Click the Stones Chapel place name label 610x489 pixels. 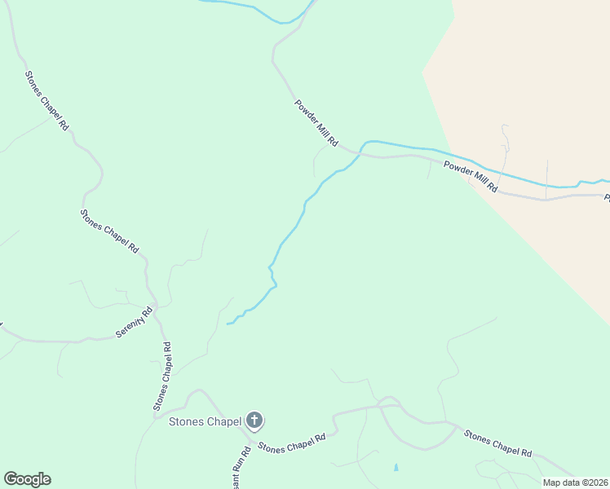(205, 421)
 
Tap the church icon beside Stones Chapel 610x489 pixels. (254, 421)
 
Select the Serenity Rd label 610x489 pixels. (136, 323)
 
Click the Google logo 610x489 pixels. (27, 479)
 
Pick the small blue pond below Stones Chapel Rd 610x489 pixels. (396, 468)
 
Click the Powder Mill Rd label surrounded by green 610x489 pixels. (316, 123)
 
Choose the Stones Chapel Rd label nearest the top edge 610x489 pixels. (46, 103)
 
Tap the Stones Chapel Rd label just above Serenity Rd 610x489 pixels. (109, 231)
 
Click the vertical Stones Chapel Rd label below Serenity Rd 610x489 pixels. (163, 376)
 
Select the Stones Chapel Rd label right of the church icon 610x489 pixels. (292, 443)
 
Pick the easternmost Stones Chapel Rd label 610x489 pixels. (497, 443)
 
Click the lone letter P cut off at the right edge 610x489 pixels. (606, 197)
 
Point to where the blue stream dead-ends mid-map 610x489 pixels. (228, 324)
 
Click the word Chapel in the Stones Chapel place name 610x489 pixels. (223, 421)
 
